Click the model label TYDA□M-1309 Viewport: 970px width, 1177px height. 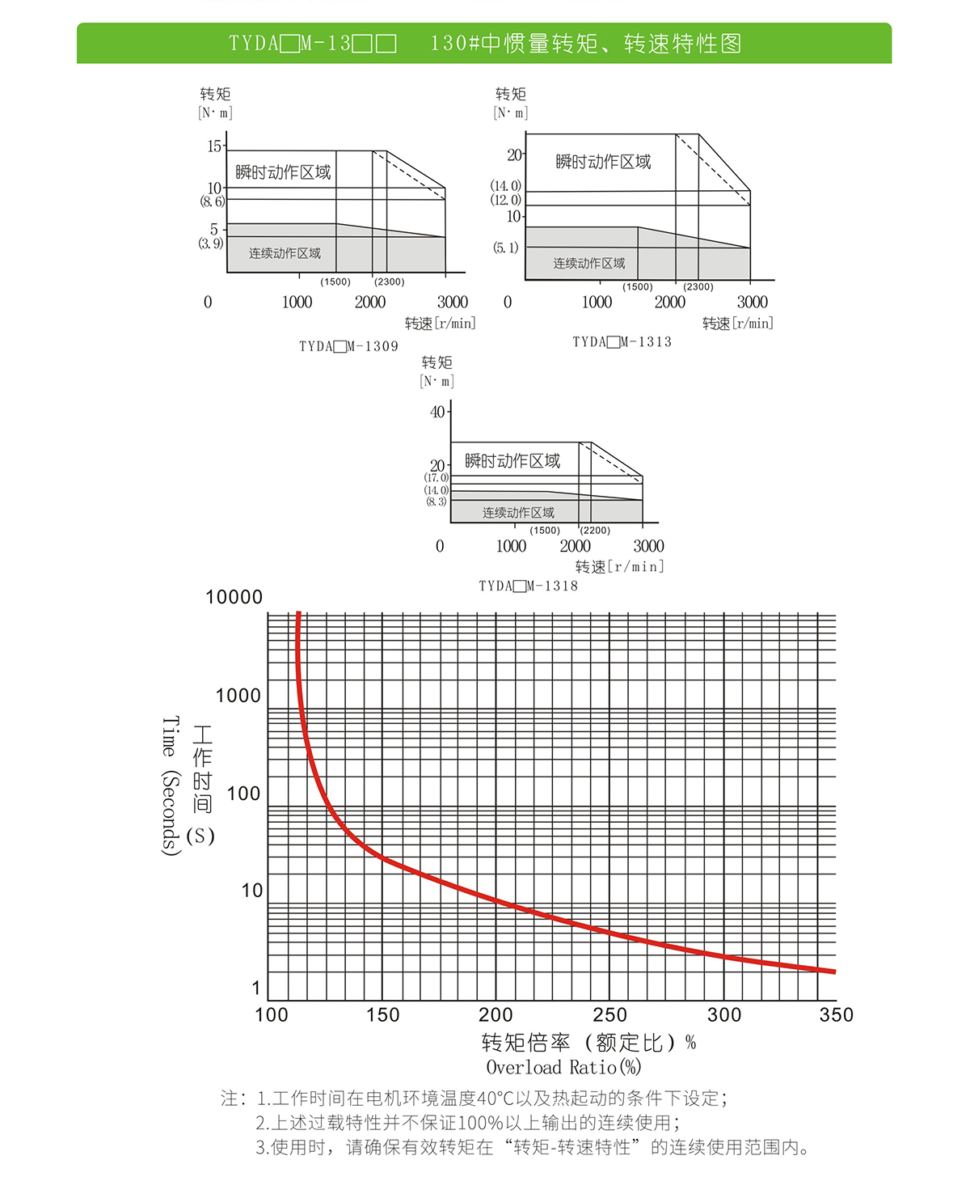coord(348,346)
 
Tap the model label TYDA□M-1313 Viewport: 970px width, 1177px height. coord(622,341)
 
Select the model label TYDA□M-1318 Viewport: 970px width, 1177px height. coord(528,586)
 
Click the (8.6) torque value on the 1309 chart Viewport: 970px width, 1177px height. coord(212,201)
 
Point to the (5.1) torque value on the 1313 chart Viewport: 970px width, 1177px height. coord(506,248)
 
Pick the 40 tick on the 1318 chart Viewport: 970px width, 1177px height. coord(437,412)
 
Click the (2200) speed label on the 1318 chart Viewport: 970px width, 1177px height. coord(596,531)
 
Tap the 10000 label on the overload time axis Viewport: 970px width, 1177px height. coord(234,597)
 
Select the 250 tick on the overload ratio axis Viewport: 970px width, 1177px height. coord(609,1015)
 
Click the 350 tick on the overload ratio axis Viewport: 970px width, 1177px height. coord(836,1015)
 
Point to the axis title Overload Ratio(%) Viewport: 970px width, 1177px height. coord(563,1067)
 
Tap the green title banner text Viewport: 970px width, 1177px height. coord(485,43)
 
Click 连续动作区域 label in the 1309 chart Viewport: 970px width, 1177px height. coord(285,253)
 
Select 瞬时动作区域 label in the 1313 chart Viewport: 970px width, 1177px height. coord(603,162)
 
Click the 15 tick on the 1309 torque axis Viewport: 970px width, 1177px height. coord(214,146)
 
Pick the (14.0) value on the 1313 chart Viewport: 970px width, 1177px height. coord(506,186)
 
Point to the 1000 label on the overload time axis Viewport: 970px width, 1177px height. coord(238,696)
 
